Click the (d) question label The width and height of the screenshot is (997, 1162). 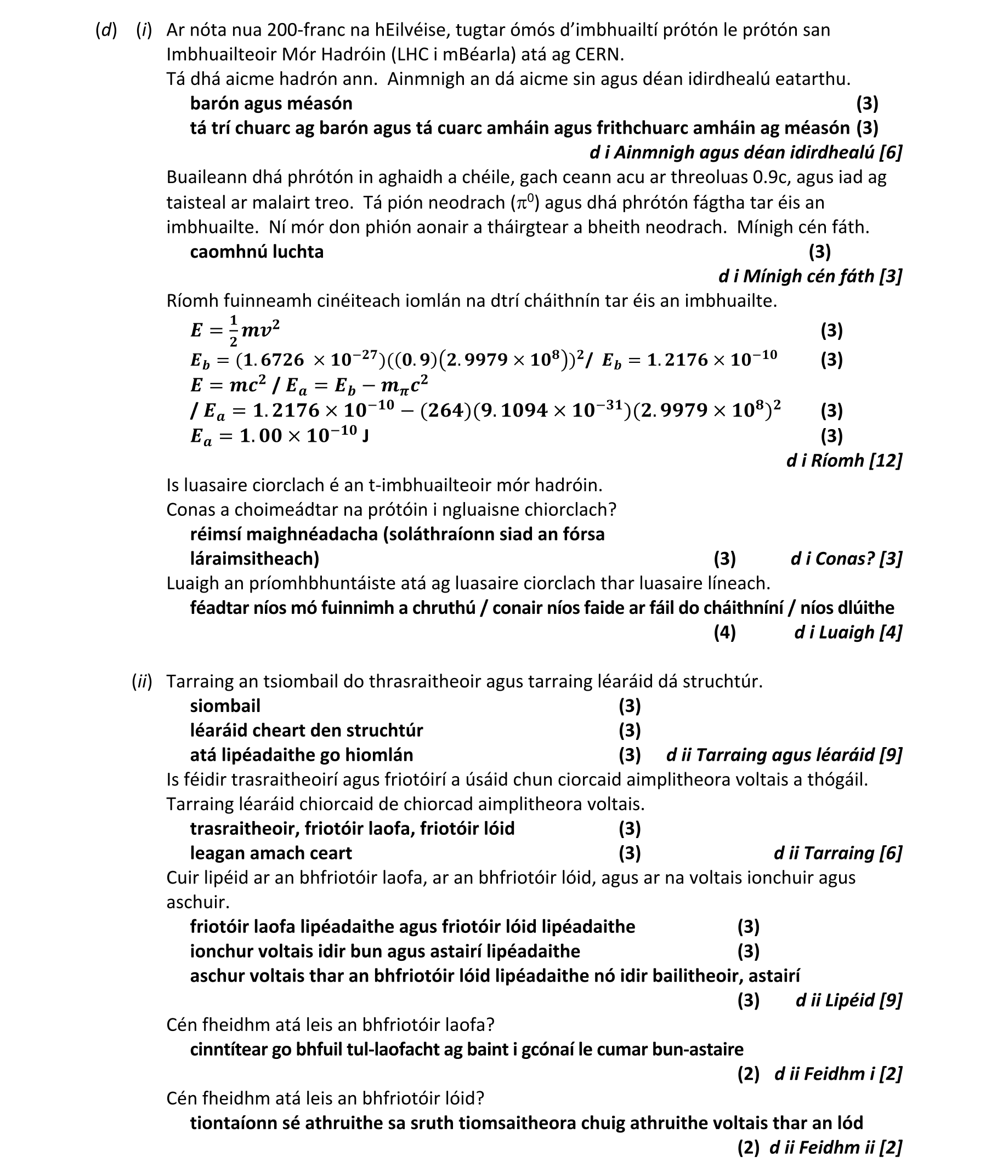[106, 30]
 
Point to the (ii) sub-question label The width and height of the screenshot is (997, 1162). [142, 681]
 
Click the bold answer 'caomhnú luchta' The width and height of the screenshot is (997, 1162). [257, 251]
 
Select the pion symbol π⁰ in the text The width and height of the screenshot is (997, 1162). [524, 201]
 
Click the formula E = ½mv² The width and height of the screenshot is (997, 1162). [235, 331]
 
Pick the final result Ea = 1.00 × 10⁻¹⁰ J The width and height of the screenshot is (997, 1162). [279, 435]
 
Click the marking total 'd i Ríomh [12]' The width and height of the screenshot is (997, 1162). [844, 460]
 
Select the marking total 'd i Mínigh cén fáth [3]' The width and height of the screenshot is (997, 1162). [809, 276]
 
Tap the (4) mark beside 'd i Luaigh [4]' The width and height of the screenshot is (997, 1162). [724, 632]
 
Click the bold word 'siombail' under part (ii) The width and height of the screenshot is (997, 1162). [225, 705]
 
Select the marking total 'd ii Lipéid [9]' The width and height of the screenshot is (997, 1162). [848, 1000]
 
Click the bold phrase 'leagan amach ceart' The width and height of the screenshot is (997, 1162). [270, 853]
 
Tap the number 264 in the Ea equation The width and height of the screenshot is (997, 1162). [446, 411]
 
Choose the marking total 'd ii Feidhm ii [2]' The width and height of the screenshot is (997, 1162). [835, 1147]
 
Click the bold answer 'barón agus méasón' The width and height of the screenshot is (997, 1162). [271, 103]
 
